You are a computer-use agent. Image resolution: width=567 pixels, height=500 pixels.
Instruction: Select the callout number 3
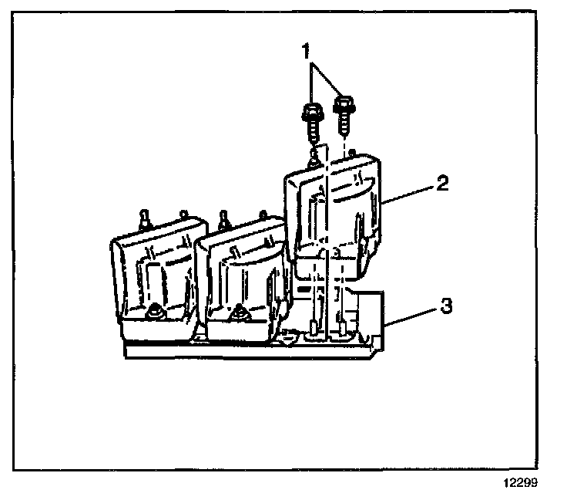tap(445, 306)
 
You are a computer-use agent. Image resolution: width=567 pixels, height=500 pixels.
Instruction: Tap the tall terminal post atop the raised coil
tap(313, 161)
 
